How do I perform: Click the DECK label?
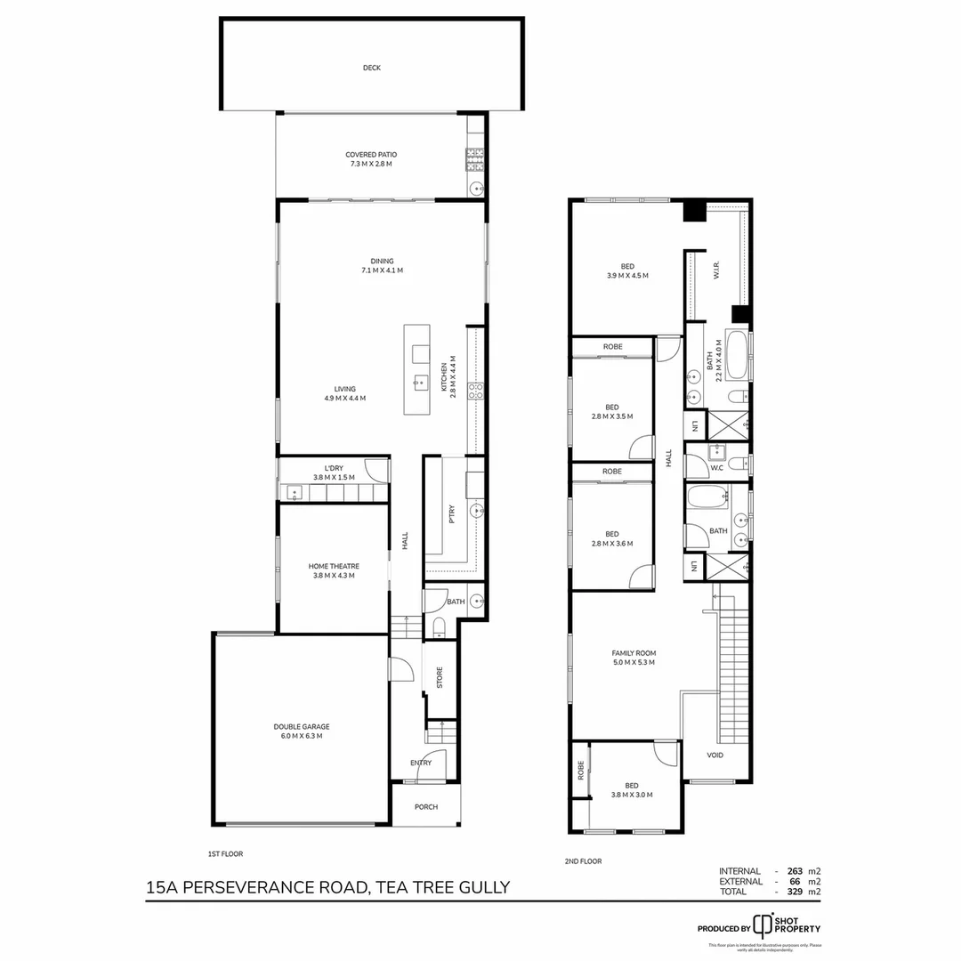372,68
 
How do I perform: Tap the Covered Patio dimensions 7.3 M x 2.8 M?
369,165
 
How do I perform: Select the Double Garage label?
302,726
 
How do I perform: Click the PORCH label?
426,807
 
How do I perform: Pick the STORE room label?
439,677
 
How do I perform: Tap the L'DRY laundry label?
334,467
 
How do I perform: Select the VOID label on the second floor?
715,755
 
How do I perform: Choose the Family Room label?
634,652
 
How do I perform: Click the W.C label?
715,467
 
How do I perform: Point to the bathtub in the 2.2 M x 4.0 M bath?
737,356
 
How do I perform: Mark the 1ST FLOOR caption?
225,854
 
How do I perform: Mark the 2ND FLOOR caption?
585,861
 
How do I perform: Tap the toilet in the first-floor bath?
439,627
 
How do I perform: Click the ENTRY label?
421,763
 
